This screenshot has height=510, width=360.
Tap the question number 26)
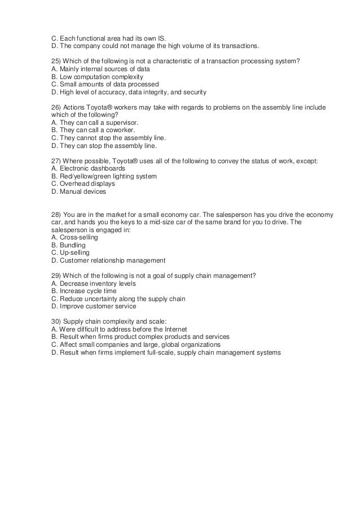(56, 107)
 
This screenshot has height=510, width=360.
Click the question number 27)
(56, 161)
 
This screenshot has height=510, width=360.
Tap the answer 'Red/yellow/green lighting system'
(108, 176)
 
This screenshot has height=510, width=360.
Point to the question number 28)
(56, 215)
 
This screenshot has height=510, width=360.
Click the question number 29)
(56, 276)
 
